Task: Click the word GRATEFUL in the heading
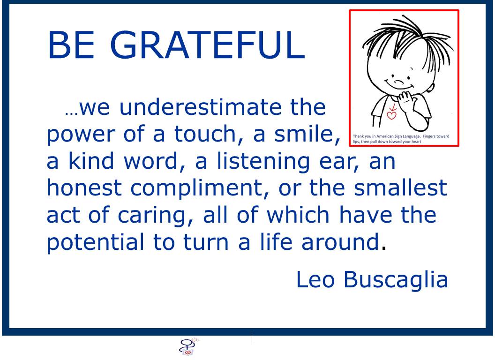click(x=207, y=45)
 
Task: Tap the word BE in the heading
click(x=71, y=45)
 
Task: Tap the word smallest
click(x=400, y=187)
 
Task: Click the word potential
click(x=95, y=243)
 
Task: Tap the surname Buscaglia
click(x=396, y=280)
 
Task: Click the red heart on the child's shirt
click(x=391, y=116)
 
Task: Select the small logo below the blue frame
click(x=189, y=346)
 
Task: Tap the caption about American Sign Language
click(x=401, y=139)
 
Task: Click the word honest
click(x=84, y=187)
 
